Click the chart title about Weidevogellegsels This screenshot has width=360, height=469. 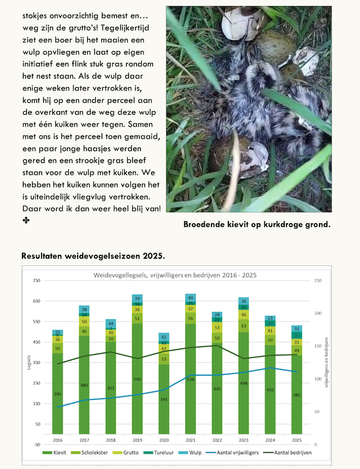pos(174,275)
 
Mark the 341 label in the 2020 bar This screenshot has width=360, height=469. pos(164,399)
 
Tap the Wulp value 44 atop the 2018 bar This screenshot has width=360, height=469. pos(111,323)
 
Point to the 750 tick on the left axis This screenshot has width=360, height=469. pos(37,280)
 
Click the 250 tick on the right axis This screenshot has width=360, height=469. pos(318,280)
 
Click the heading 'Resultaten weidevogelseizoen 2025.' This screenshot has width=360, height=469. pos(93,256)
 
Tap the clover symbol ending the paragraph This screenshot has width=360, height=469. pos(25,220)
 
